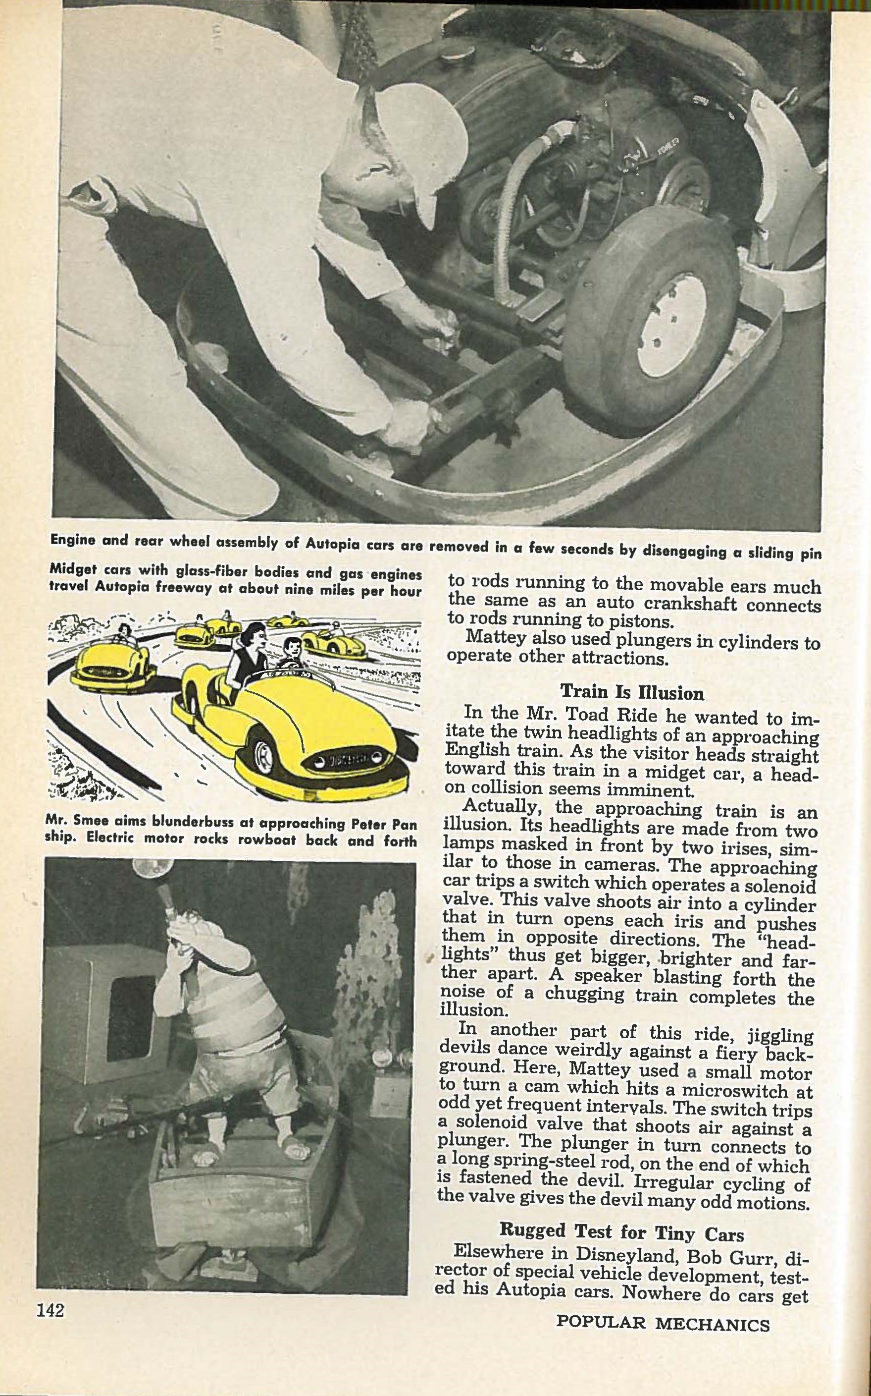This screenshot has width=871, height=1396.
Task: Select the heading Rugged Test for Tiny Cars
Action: tap(621, 1230)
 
